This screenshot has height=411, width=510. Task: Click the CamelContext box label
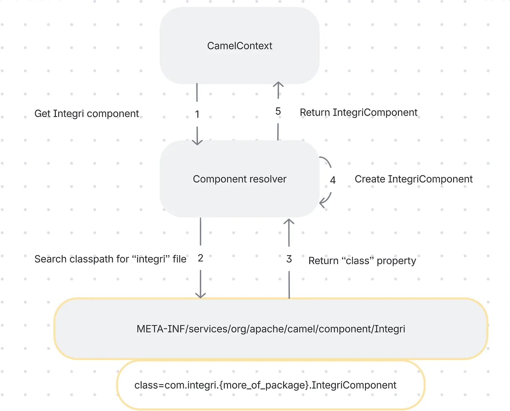point(240,46)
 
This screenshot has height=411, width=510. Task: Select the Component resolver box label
point(240,179)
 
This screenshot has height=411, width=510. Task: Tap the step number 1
point(197,114)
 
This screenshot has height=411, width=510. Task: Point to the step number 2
point(201,258)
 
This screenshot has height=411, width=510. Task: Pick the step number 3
point(289,259)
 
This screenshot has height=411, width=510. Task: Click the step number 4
point(333,180)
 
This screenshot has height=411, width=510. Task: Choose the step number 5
point(278,111)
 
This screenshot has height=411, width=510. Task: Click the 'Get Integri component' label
point(86,114)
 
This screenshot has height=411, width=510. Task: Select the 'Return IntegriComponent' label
point(358,113)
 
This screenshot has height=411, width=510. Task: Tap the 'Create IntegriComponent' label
point(413,179)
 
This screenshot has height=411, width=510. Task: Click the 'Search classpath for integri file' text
point(110,259)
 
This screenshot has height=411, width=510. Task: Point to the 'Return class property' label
point(362,261)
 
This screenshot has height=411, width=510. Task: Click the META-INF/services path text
point(271,329)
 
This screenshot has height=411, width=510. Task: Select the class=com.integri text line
point(265,385)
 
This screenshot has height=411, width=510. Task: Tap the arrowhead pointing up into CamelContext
point(278,84)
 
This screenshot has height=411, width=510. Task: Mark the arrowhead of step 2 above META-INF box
point(201,295)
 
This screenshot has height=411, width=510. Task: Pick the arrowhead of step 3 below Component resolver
point(289,221)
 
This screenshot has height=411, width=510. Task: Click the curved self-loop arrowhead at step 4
point(321,203)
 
